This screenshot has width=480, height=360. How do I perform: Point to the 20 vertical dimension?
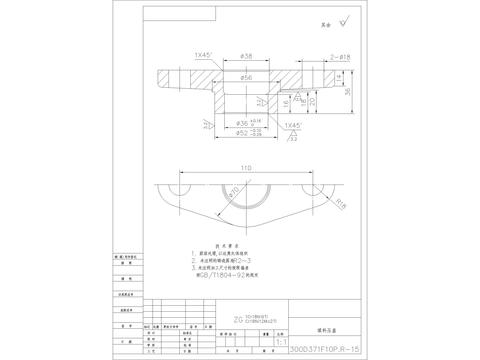coord(311,100)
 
